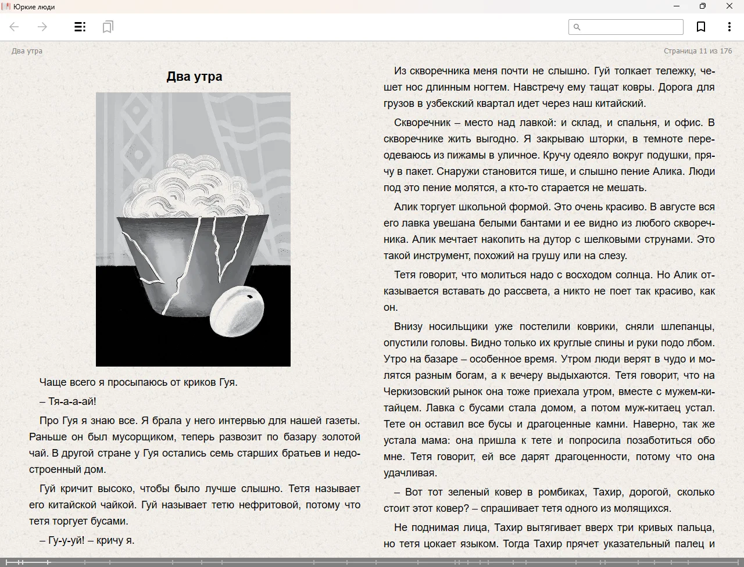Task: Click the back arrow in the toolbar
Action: point(15,27)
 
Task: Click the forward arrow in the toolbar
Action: point(42,27)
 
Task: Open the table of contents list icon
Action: point(80,27)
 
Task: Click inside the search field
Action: point(631,27)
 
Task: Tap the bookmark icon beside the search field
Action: point(701,27)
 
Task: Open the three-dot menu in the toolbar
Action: point(729,27)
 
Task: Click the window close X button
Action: point(729,6)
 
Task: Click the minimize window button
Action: point(677,6)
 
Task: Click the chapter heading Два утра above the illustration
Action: point(194,77)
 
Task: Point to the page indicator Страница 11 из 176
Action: point(697,51)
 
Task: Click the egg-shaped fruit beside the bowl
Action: point(237,311)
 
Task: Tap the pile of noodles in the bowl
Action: point(192,186)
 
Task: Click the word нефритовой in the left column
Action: point(270,505)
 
